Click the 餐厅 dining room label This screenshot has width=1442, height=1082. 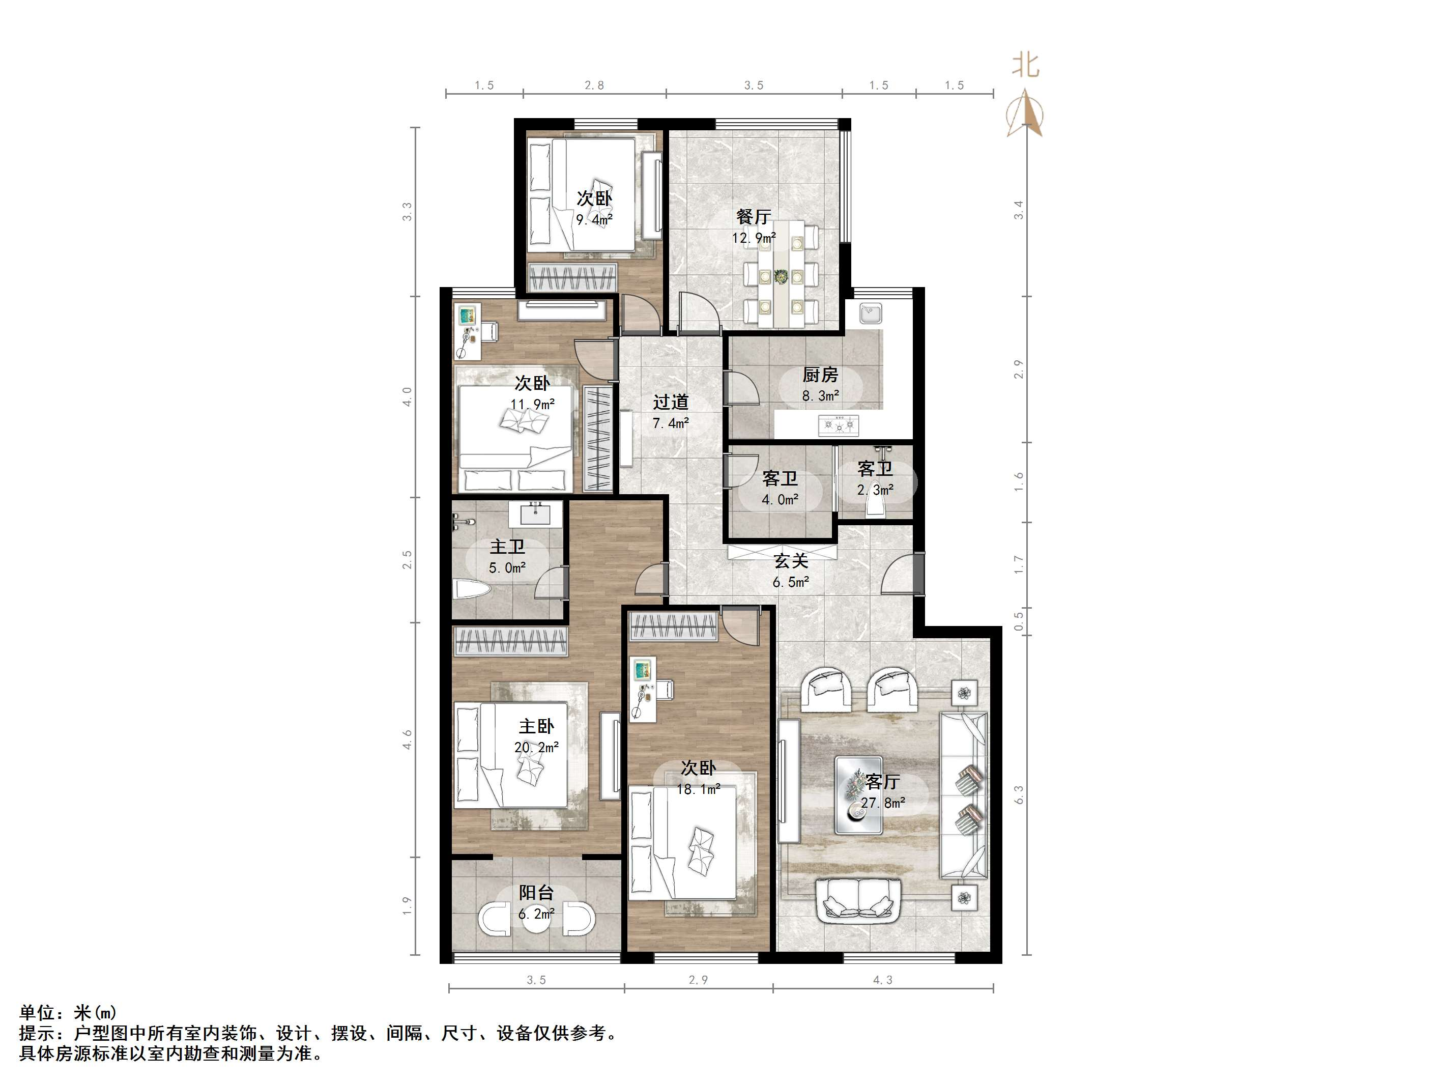click(754, 216)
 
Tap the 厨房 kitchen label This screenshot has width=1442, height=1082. click(820, 375)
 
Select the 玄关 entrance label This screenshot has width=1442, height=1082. click(791, 561)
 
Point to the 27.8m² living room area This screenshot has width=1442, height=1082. click(883, 803)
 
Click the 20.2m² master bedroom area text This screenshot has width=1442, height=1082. click(536, 748)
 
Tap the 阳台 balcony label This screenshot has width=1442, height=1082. click(536, 892)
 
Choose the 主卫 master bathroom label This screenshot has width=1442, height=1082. click(507, 547)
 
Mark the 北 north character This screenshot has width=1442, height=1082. click(1025, 65)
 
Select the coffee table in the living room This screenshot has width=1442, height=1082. click(858, 795)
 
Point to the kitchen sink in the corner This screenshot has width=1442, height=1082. click(871, 314)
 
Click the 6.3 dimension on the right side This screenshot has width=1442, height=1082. click(1019, 794)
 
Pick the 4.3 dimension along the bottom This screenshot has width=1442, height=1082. click(883, 980)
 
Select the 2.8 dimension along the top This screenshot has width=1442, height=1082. click(594, 86)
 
